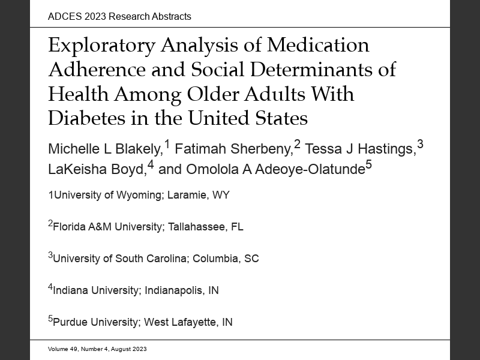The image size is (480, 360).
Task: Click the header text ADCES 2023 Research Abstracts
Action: tap(119, 16)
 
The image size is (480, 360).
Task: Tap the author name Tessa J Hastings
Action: tap(361, 149)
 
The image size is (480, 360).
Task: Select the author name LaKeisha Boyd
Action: tap(96, 170)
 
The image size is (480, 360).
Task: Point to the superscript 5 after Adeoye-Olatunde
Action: tap(369, 166)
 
